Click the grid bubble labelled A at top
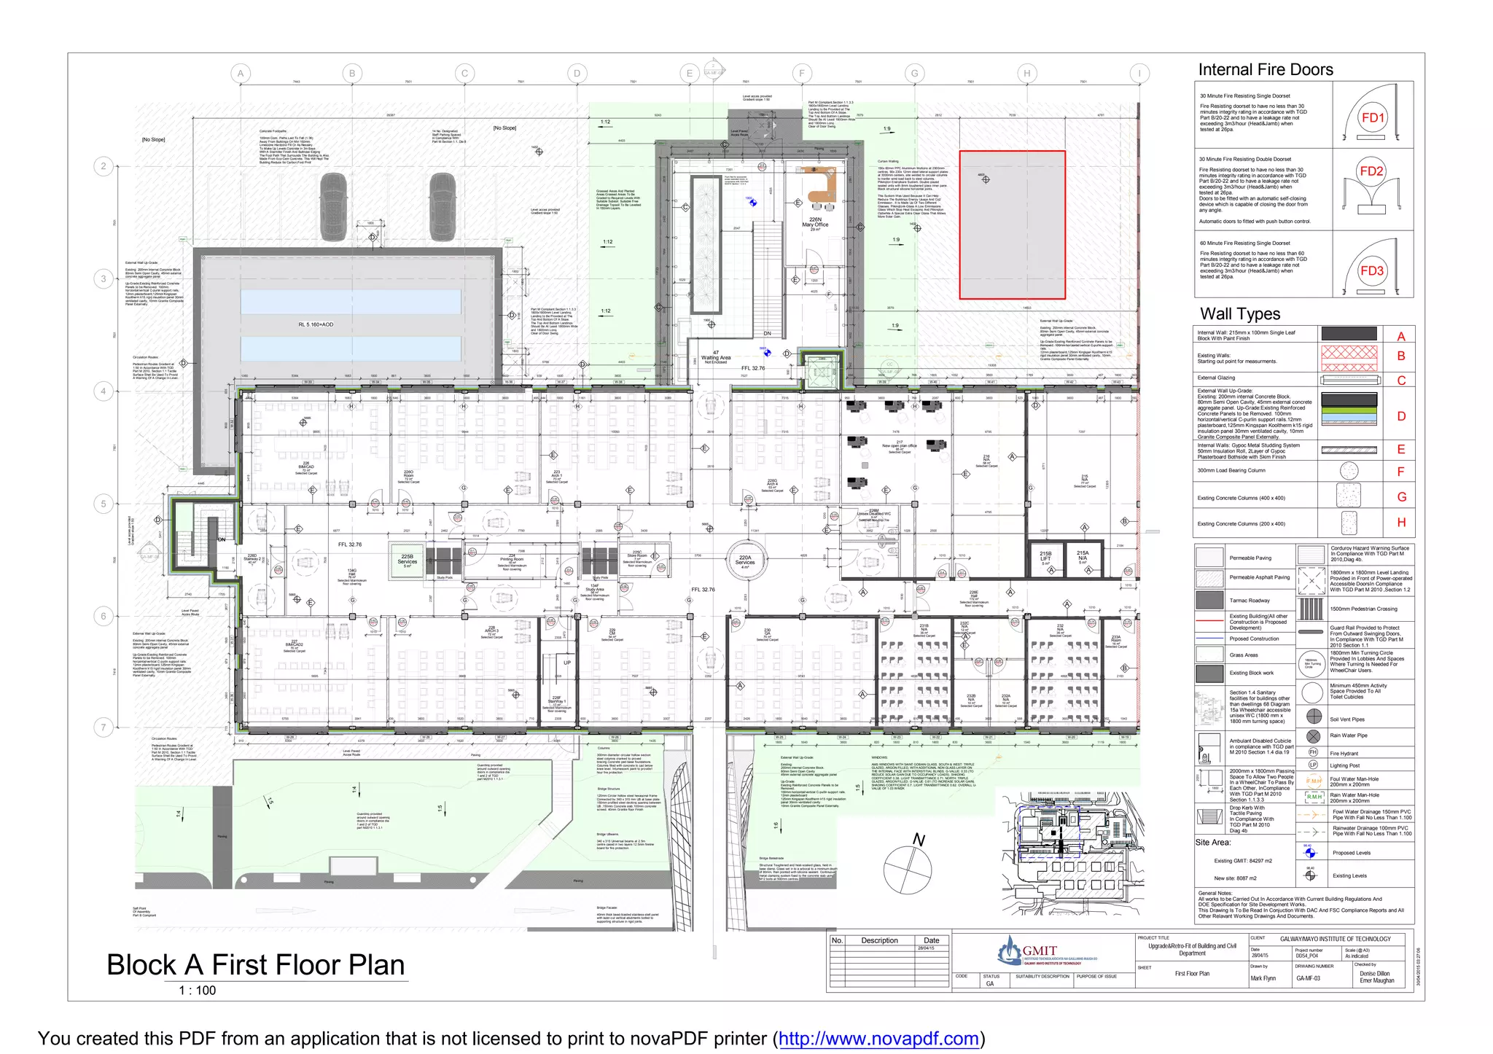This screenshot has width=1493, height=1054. click(x=241, y=73)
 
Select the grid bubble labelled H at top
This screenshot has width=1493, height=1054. click(x=1026, y=73)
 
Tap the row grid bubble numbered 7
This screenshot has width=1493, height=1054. click(x=104, y=727)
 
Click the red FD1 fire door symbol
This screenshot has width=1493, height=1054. click(x=1373, y=118)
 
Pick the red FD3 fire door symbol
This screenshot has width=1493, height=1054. click(x=1371, y=271)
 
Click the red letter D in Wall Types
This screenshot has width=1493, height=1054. click(x=1400, y=416)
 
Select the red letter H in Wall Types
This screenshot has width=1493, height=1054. click(x=1400, y=523)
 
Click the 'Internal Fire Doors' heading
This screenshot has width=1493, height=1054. click(x=1265, y=70)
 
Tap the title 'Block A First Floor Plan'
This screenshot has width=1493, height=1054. click(x=255, y=965)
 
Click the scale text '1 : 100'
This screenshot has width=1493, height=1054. click(x=198, y=991)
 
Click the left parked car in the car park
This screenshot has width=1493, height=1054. click(x=334, y=206)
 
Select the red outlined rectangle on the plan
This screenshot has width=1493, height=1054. click(x=1012, y=225)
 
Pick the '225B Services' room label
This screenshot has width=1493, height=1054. click(x=407, y=559)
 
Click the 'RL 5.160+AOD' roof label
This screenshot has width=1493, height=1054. click(x=316, y=324)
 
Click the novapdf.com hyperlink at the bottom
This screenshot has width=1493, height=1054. click(x=878, y=1039)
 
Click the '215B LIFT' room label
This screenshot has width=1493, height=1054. click(x=1045, y=558)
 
